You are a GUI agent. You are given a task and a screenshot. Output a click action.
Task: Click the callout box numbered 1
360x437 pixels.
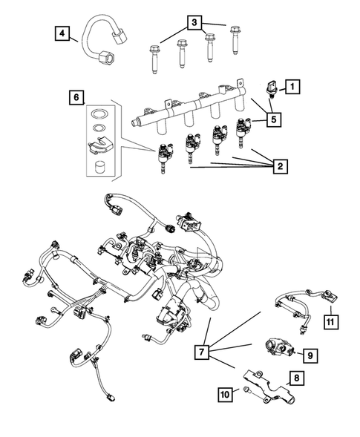[x=293, y=88]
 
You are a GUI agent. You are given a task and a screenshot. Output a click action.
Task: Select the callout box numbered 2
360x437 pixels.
[x=280, y=167]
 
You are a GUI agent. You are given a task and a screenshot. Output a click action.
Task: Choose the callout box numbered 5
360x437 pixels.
[x=275, y=117]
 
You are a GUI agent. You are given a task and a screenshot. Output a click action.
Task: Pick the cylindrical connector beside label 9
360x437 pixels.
[x=275, y=348]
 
